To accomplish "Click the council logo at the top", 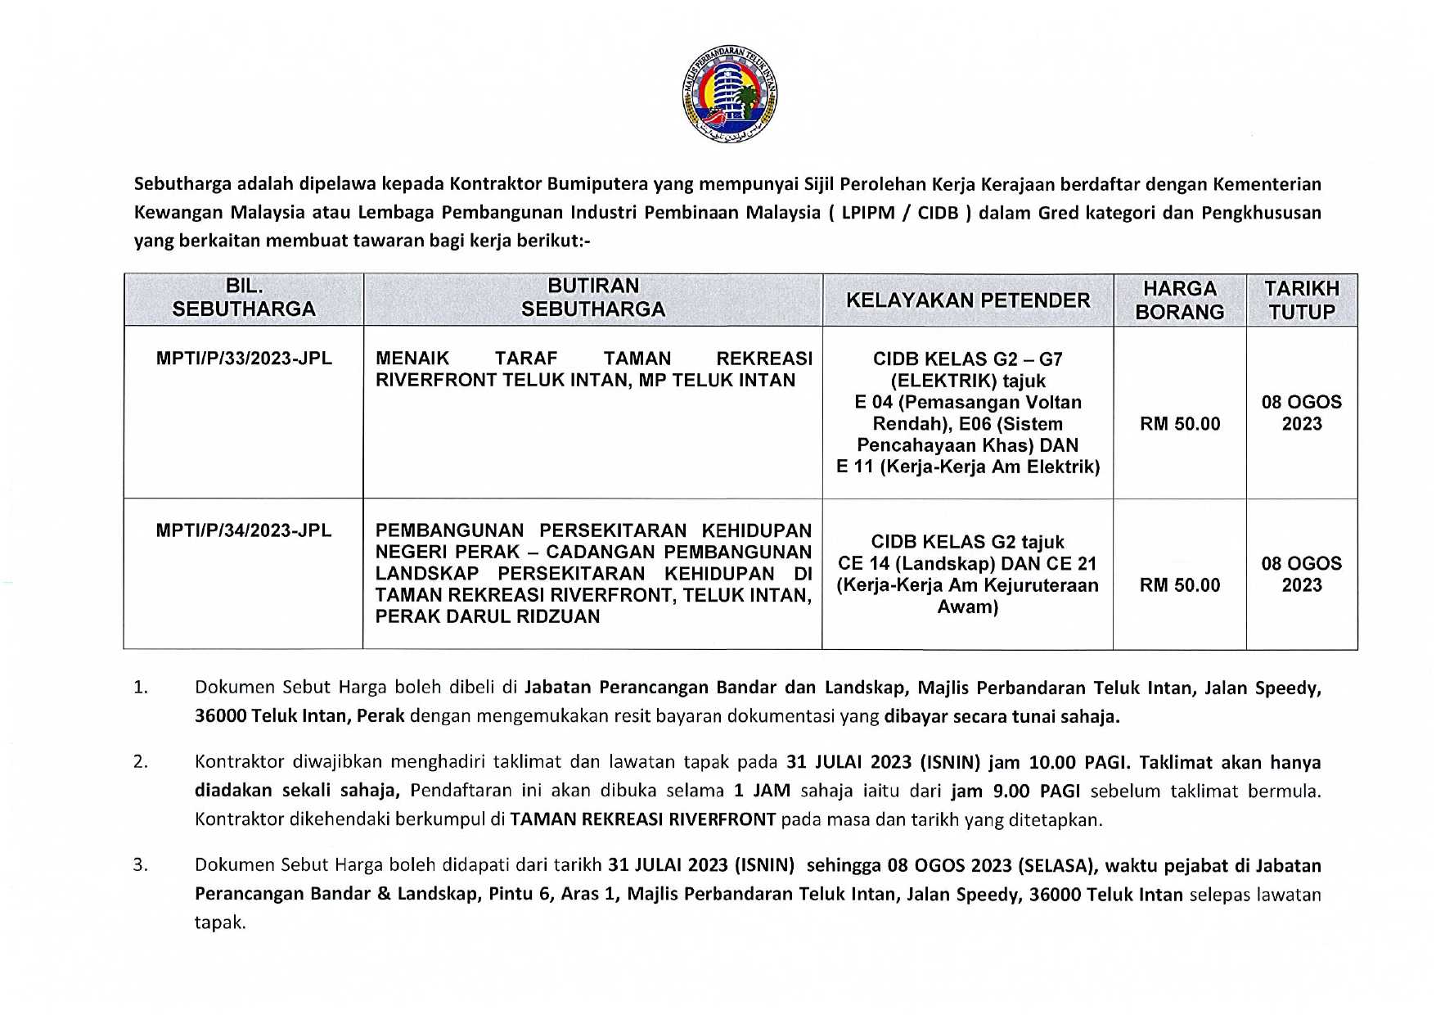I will (x=731, y=92).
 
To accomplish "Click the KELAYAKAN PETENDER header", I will (x=968, y=300).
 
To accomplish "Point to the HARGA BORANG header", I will (x=1180, y=300).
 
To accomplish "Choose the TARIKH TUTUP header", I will (x=1302, y=300).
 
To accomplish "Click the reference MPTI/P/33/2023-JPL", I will (x=244, y=359).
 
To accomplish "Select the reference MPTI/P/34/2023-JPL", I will (x=244, y=530).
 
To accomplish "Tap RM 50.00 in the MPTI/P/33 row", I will (x=1180, y=424).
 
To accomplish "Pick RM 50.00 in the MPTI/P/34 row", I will (x=1180, y=585).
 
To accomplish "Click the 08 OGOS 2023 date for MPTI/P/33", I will (x=1302, y=413).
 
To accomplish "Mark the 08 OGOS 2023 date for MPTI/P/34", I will (x=1302, y=574).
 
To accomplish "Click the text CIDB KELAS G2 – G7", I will (x=968, y=359).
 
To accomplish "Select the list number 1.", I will (x=141, y=688).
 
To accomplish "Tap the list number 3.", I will (x=141, y=865).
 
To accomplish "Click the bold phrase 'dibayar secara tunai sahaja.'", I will (x=1002, y=717).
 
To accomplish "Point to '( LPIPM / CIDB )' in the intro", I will (x=898, y=213).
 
